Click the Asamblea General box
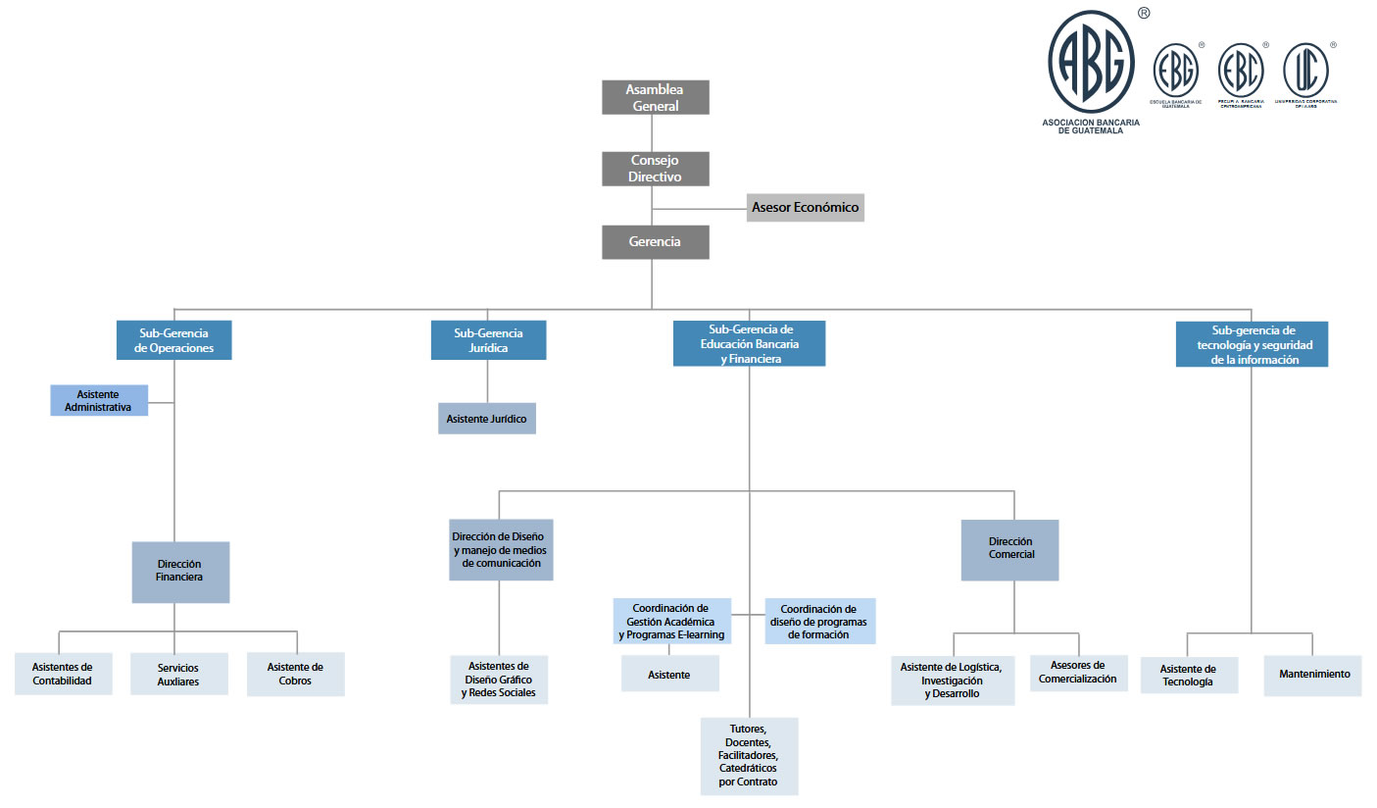coord(655,97)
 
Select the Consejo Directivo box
coord(655,168)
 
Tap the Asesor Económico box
coord(805,207)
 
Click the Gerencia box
coord(655,241)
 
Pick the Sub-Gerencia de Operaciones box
coord(173,340)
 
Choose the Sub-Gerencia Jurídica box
coord(488,340)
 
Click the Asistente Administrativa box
coord(99,400)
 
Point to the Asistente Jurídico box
coord(486,419)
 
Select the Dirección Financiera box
coord(180,572)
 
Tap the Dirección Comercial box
coord(1009,549)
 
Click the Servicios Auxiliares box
coord(178,675)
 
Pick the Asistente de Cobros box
coord(295,675)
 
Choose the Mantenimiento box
coord(1312,675)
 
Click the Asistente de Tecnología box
coord(1189,675)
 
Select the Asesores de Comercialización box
coord(1078,673)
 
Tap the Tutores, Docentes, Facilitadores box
coord(749,755)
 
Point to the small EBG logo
coord(1175,71)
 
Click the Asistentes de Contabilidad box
coord(63,674)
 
